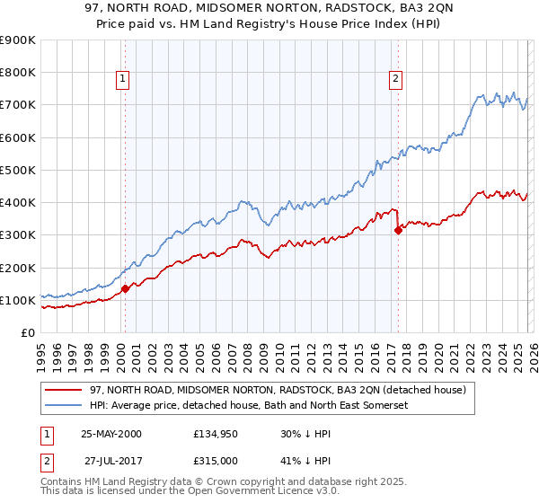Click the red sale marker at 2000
coord(126,288)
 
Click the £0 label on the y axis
coord(27,332)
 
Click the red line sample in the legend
coord(64,391)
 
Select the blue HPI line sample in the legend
coord(64,406)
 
